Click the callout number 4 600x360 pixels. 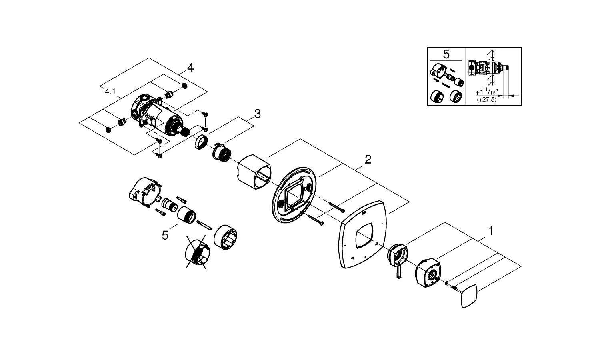tap(190, 68)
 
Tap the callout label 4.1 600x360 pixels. tap(110, 92)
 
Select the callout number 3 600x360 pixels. tap(257, 114)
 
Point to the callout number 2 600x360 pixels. tap(368, 160)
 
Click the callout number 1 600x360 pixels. tap(491, 231)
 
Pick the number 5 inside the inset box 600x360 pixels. tap(446, 54)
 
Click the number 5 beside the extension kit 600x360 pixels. tap(165, 236)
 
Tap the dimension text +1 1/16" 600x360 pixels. tap(487, 92)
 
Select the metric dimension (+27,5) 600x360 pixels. tap(486, 100)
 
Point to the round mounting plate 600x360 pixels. tap(294, 195)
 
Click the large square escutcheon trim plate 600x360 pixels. tap(362, 235)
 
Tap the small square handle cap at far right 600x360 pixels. tap(469, 296)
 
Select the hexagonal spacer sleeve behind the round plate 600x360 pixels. tap(254, 172)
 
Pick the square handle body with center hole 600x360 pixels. tap(428, 272)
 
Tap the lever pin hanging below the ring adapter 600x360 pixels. tap(399, 272)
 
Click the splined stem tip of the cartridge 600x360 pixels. tap(185, 131)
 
